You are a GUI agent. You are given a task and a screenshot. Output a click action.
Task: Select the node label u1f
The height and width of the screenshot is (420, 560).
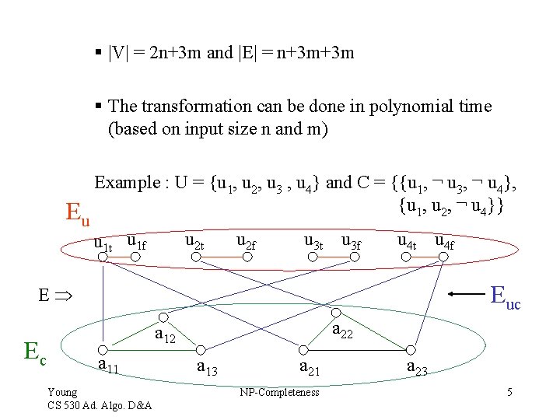[136, 243]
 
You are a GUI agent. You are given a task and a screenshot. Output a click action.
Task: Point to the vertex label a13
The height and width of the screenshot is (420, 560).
[208, 366]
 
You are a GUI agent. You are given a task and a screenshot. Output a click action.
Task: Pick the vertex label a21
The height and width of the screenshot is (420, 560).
[310, 366]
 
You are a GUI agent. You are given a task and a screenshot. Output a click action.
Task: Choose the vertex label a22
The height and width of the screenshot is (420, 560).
[343, 331]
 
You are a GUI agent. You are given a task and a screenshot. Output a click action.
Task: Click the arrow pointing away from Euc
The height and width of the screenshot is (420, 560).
[465, 295]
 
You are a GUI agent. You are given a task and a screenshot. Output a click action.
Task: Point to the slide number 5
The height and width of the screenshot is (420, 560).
[509, 392]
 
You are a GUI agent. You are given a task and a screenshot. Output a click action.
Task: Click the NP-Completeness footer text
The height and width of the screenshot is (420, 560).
[280, 392]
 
